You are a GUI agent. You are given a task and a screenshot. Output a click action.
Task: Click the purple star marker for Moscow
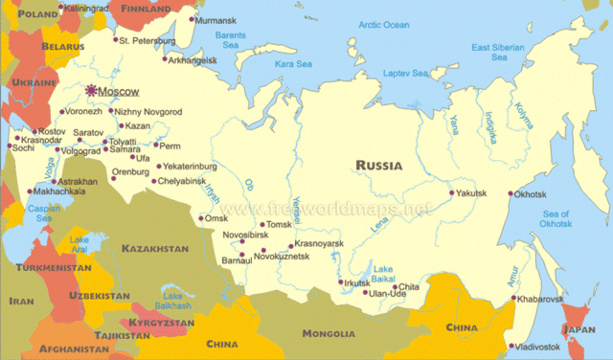[x=92, y=91]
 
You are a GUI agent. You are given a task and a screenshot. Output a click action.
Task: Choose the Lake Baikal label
[x=383, y=273]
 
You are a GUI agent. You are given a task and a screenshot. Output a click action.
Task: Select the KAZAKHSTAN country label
[x=155, y=249]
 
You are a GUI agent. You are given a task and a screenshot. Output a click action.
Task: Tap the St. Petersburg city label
[x=147, y=41]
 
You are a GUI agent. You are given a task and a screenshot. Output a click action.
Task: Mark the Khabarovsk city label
[x=543, y=299]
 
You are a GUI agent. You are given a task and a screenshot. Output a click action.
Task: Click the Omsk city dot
[x=199, y=218]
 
